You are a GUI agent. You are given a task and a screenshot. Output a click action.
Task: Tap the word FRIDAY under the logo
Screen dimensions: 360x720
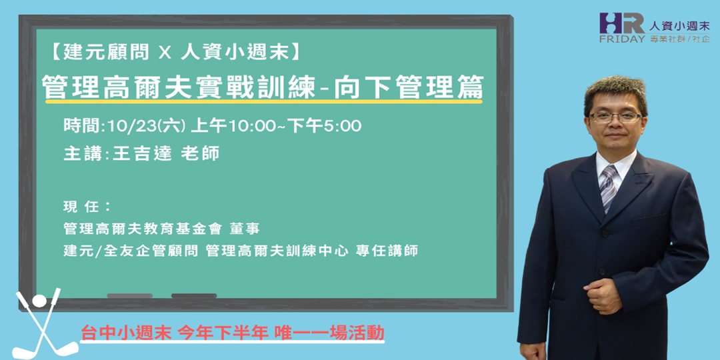622,38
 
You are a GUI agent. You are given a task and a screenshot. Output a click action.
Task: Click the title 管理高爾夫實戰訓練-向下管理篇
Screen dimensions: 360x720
262,87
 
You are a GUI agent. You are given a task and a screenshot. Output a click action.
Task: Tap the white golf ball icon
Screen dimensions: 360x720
39,301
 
